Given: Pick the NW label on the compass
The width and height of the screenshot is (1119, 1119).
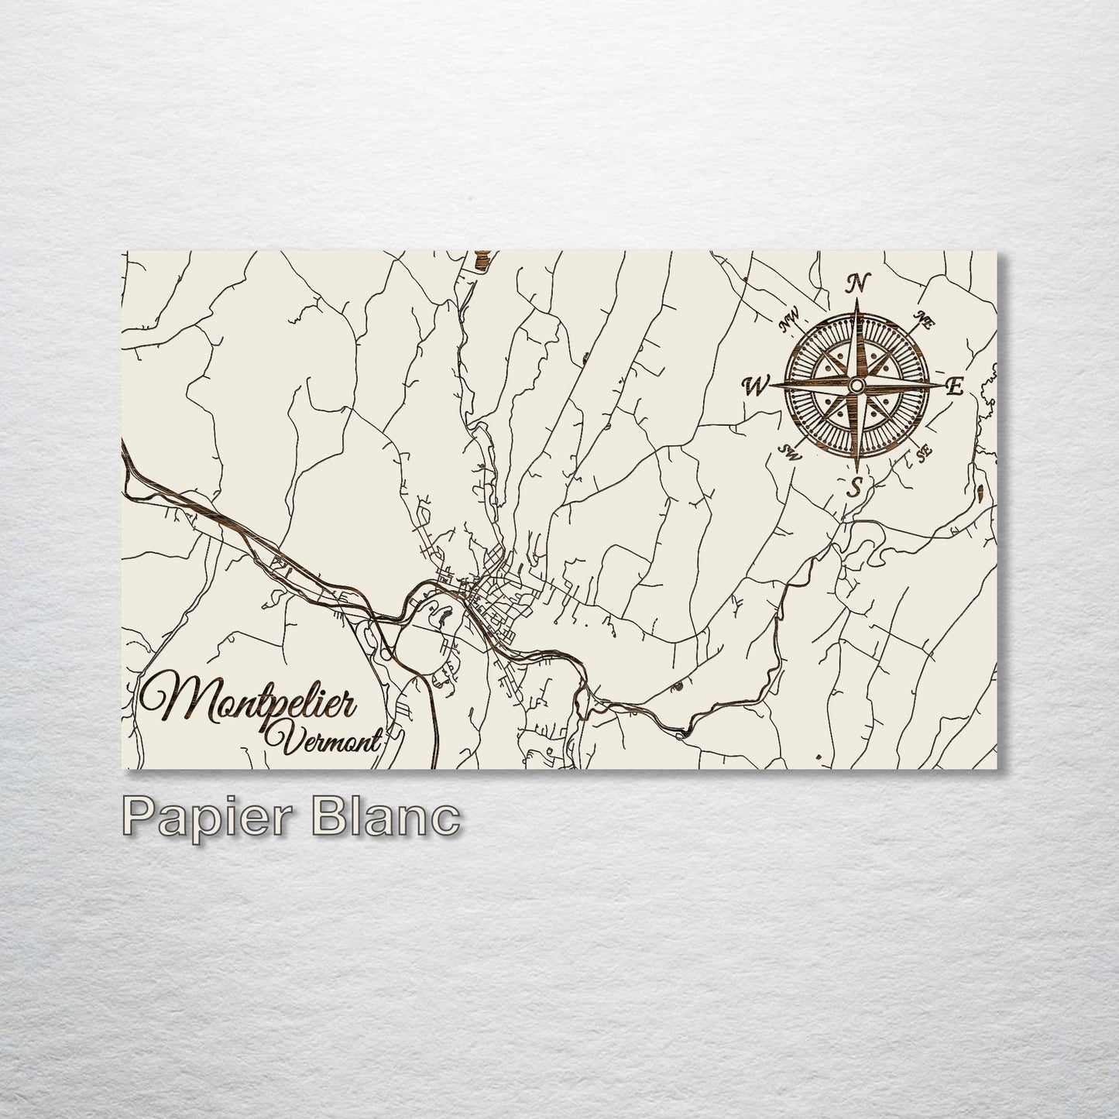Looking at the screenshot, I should click(x=789, y=317).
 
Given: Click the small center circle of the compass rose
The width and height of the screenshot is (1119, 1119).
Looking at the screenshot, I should click(x=856, y=385).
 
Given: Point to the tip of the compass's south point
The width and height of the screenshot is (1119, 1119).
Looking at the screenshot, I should click(x=856, y=471).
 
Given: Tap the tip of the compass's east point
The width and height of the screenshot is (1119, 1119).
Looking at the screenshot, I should click(x=939, y=385).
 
